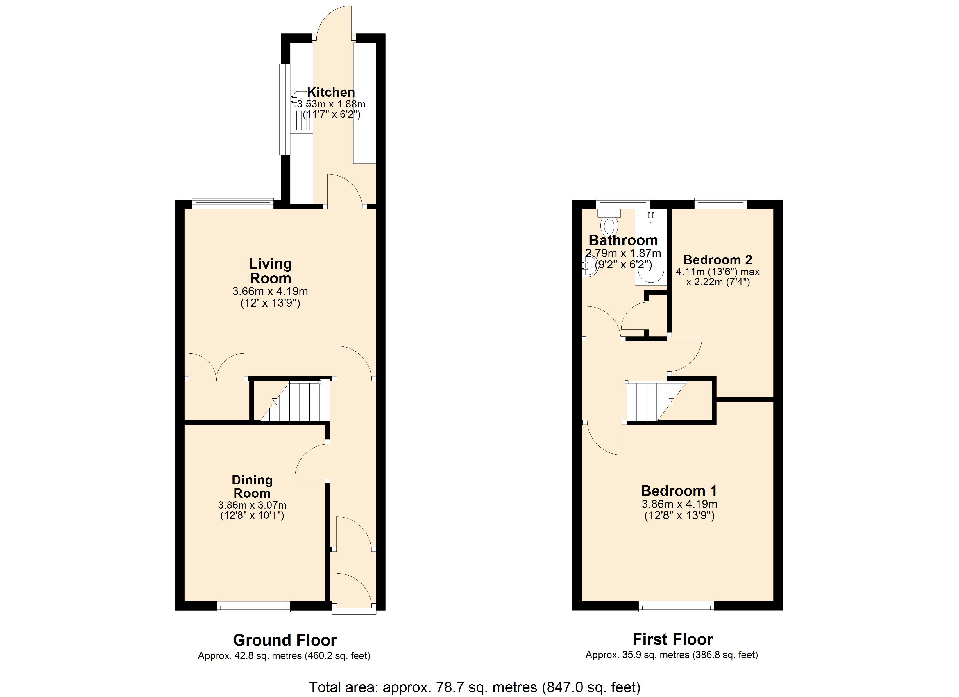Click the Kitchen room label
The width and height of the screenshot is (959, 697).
click(x=331, y=92)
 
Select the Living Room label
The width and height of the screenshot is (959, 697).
click(x=270, y=271)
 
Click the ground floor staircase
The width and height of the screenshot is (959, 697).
click(x=295, y=401)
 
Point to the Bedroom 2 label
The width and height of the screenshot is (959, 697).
click(x=718, y=260)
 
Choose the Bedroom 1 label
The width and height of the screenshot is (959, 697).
click(x=679, y=491)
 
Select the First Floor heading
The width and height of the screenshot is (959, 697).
click(x=673, y=639)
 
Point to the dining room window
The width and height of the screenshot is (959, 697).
click(x=254, y=607)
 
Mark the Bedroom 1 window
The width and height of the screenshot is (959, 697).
click(x=677, y=607)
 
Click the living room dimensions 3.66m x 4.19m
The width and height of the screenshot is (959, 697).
click(x=270, y=291)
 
